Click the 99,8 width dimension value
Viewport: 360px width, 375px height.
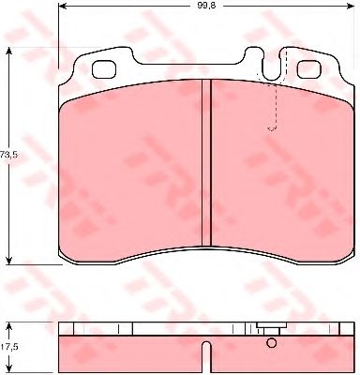pyautogui.click(x=206, y=6)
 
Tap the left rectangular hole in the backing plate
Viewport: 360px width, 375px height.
pyautogui.click(x=104, y=69)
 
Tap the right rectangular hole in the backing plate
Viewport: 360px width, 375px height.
pyautogui.click(x=309, y=69)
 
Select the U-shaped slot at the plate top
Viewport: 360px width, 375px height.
pyautogui.click(x=272, y=65)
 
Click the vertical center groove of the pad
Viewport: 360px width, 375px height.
pyautogui.click(x=206, y=163)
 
